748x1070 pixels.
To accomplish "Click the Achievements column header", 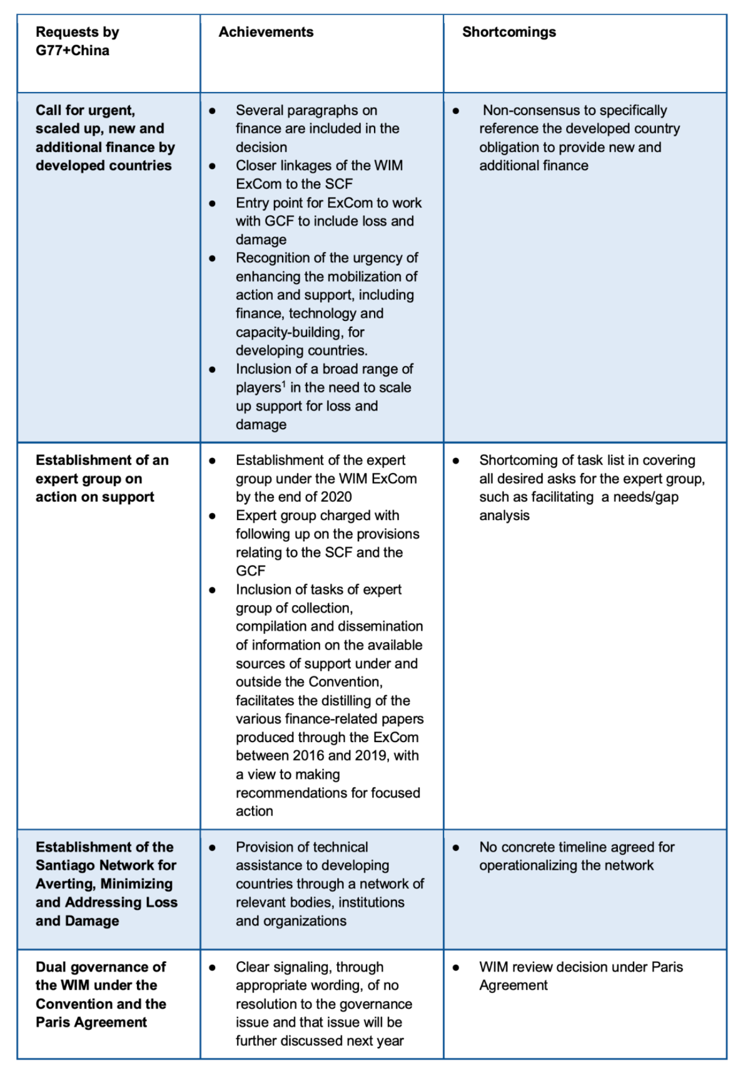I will (266, 32).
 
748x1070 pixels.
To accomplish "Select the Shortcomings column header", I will (509, 32).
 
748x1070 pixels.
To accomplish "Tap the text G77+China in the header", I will (72, 51).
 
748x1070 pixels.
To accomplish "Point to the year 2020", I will (335, 497).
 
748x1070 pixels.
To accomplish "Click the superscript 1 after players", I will (284, 385).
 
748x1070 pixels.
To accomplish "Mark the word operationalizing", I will (528, 866).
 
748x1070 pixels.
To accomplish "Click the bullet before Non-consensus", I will (456, 111).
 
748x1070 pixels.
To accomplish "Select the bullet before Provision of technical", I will (212, 848).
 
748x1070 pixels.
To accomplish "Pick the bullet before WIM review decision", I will (456, 968).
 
